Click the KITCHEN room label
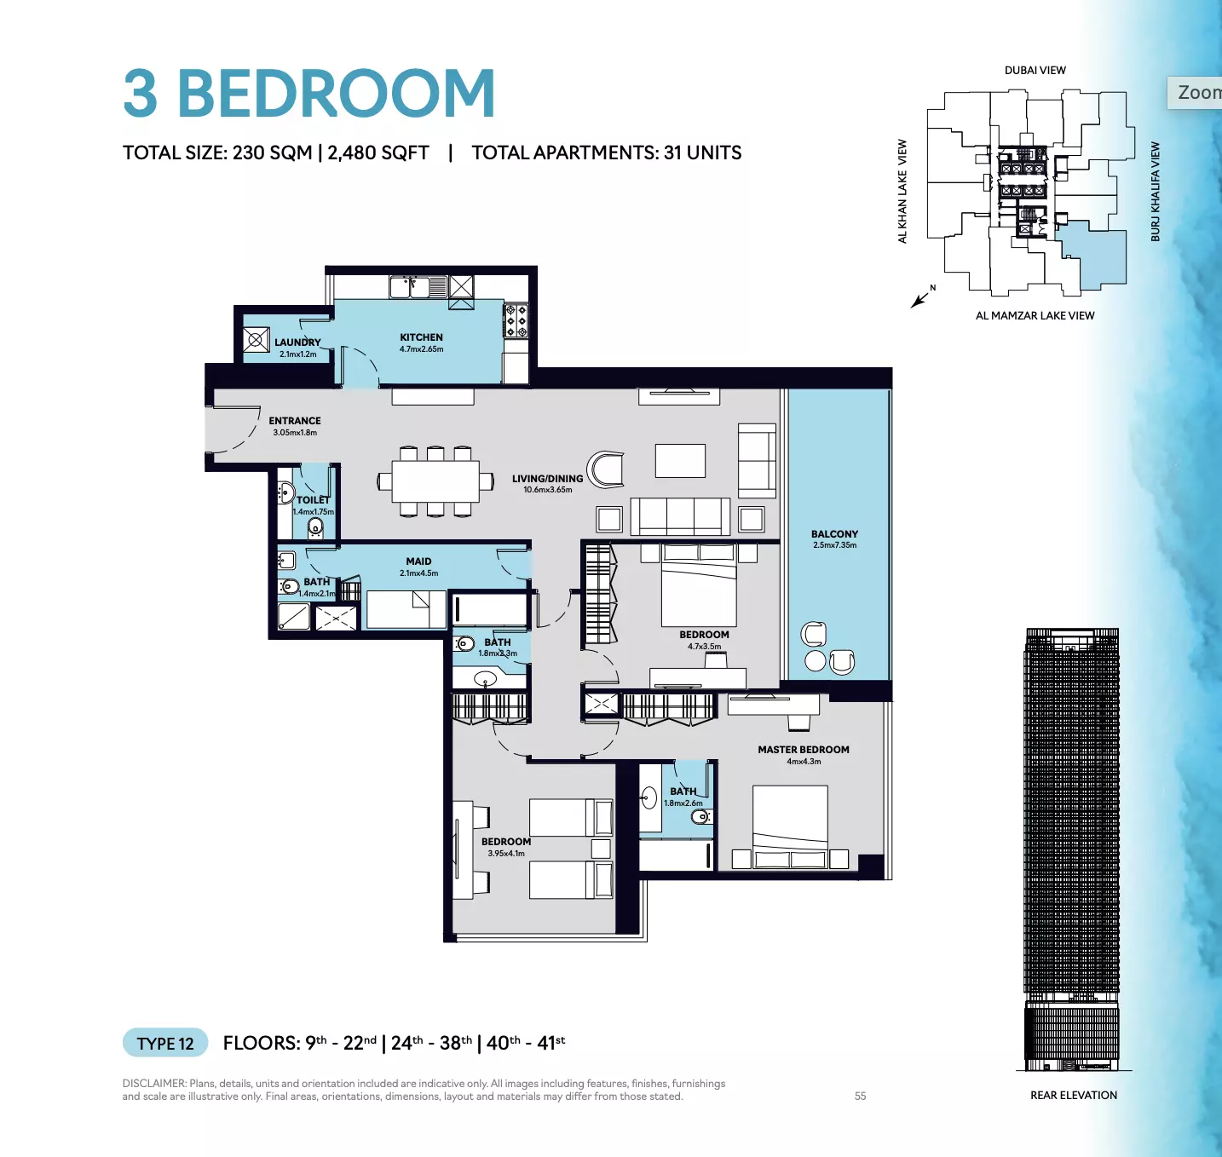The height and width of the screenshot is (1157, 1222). click(x=421, y=337)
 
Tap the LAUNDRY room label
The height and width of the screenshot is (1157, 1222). click(x=297, y=342)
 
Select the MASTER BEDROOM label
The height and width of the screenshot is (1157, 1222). click(x=803, y=749)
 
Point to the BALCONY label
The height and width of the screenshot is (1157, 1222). click(x=834, y=533)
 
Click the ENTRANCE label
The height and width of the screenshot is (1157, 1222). click(x=295, y=420)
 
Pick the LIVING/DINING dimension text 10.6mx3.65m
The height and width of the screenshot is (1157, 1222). click(x=548, y=489)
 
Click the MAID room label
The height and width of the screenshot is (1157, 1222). click(x=418, y=561)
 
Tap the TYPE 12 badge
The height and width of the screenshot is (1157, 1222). click(x=165, y=1043)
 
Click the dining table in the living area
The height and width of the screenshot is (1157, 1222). click(x=435, y=481)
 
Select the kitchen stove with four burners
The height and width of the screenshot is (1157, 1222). click(x=516, y=320)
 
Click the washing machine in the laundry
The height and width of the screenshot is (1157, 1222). click(x=256, y=339)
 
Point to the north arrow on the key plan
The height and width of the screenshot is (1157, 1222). click(x=920, y=299)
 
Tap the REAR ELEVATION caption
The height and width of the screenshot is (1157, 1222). click(x=1074, y=1095)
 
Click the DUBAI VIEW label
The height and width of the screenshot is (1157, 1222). click(x=1035, y=70)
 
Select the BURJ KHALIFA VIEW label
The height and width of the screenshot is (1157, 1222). click(x=1155, y=192)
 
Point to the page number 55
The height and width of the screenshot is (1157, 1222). click(x=860, y=1096)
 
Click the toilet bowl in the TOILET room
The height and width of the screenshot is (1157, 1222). click(x=315, y=528)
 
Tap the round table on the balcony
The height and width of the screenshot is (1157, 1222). click(x=815, y=660)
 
